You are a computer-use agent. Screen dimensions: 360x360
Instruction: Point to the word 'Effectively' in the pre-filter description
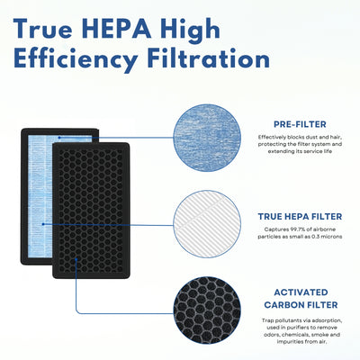point(265,137)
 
